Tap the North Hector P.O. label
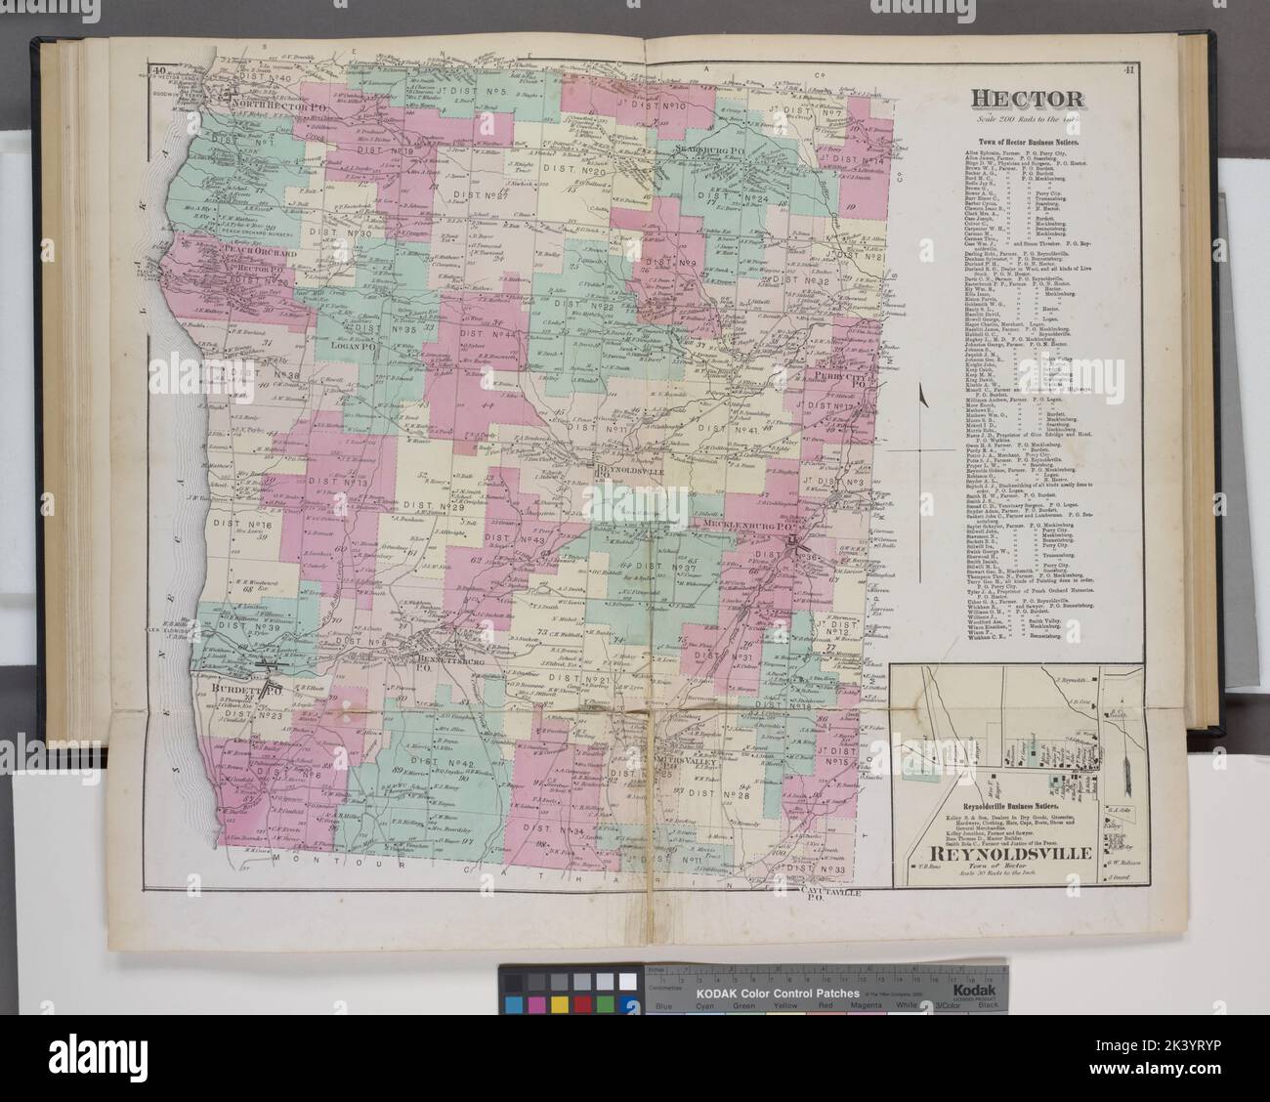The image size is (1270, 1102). pyautogui.click(x=269, y=98)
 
